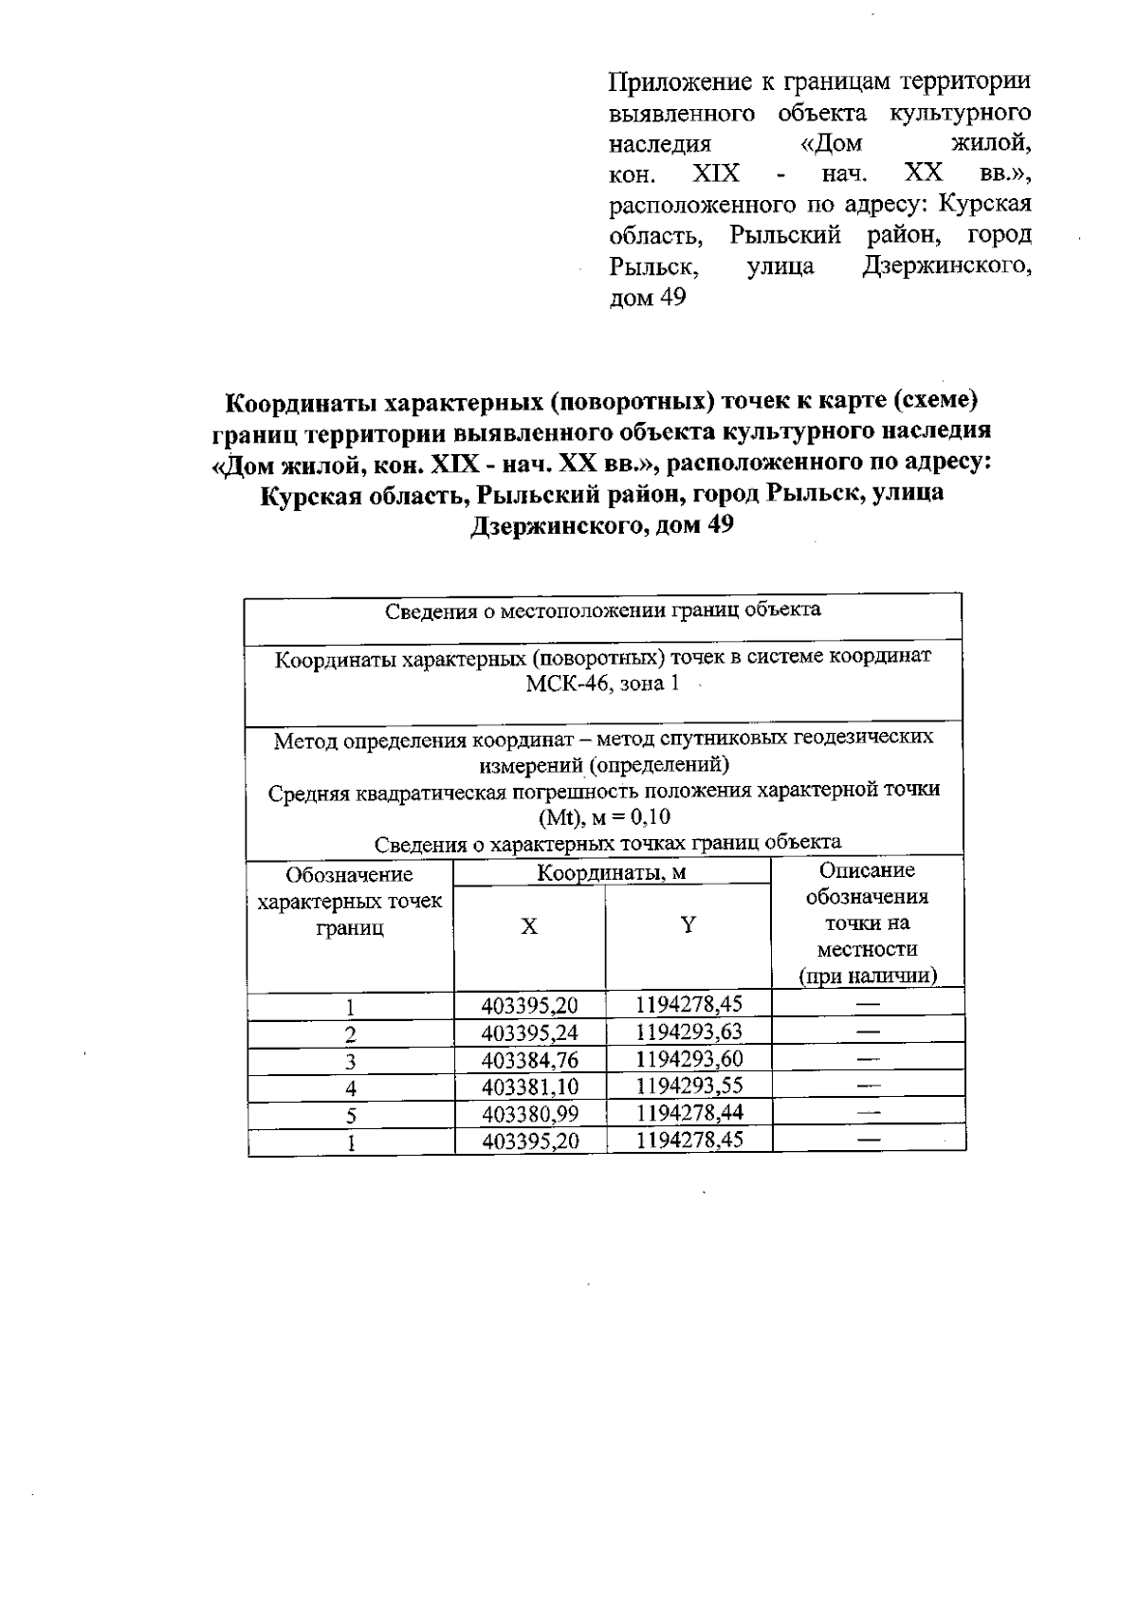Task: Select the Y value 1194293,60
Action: point(689,1059)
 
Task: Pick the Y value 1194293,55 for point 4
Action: point(689,1087)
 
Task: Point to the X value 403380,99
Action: point(530,1114)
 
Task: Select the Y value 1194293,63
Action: point(689,1032)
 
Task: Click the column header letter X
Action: point(529,926)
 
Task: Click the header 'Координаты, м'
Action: point(612,873)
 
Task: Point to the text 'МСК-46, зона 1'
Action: point(603,685)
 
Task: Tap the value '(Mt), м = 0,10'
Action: point(604,817)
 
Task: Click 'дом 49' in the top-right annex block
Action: point(646,298)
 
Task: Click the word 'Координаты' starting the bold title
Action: point(299,402)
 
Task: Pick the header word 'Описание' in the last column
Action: point(867,870)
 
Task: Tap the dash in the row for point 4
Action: point(868,1087)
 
